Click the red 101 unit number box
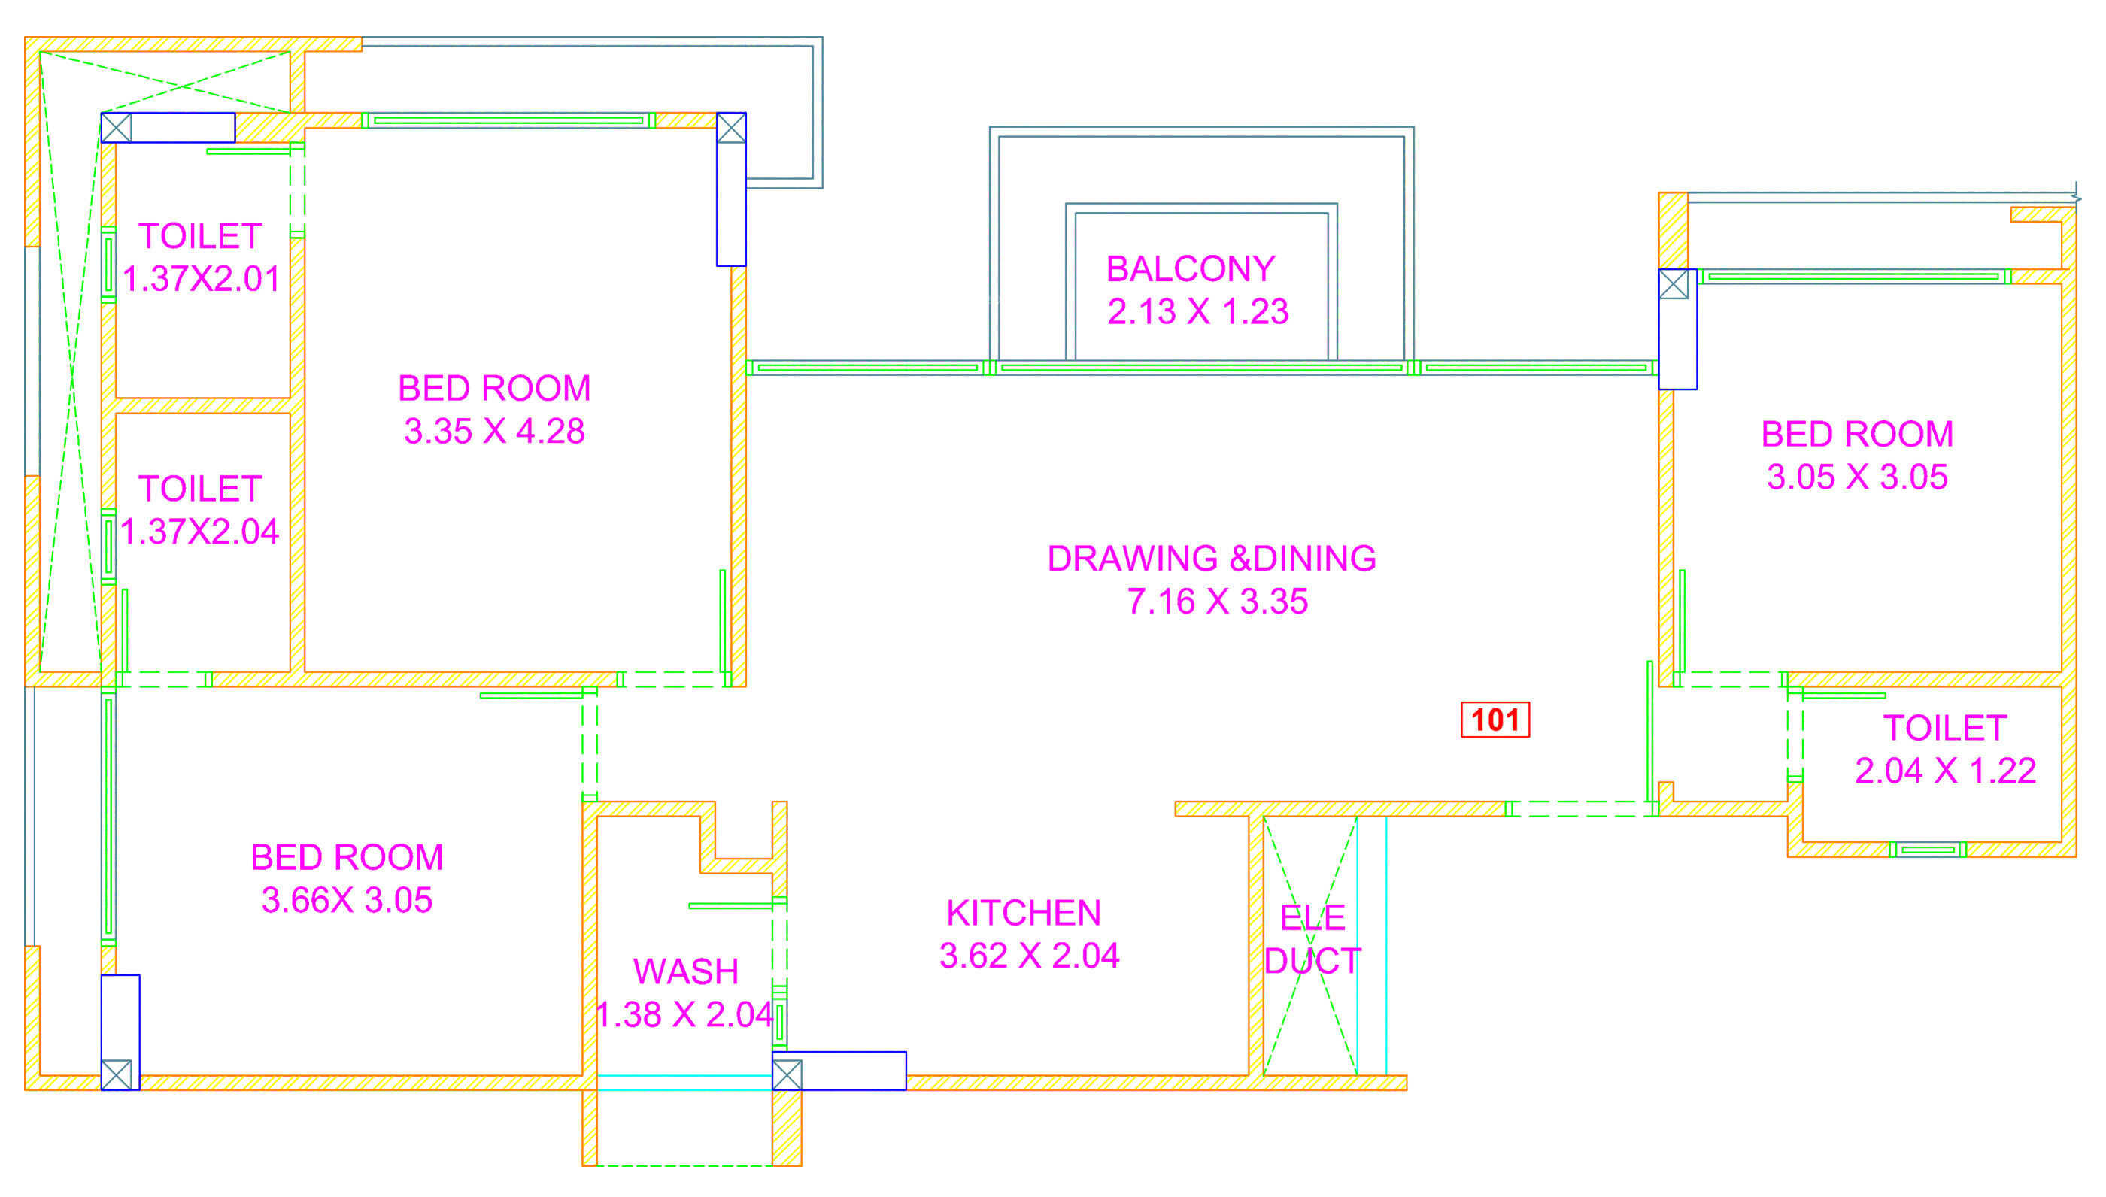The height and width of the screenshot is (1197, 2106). tap(1495, 720)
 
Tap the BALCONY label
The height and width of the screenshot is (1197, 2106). tap(1190, 269)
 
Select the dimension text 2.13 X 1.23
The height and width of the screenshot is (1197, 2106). tap(1197, 311)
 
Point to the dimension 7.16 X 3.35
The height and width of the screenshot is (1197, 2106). tap(1217, 601)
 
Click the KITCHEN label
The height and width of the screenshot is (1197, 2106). tap(1023, 913)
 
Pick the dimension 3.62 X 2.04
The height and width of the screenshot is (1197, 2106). tap(1029, 956)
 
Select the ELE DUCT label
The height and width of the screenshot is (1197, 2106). tap(1312, 939)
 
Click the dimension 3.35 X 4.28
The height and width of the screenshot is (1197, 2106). tap(494, 431)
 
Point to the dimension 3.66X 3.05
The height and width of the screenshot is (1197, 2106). tap(346, 900)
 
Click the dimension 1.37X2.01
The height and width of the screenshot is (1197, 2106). tap(202, 279)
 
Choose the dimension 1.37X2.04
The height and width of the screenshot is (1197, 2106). tap(200, 531)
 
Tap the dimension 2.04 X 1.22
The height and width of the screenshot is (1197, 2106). tap(1945, 771)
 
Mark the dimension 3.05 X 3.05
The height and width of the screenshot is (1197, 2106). tap(1857, 477)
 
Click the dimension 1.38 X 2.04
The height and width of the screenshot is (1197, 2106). tap(684, 1014)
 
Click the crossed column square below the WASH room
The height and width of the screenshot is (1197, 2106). tap(787, 1074)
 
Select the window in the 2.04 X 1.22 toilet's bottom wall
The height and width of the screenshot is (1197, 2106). tap(1928, 849)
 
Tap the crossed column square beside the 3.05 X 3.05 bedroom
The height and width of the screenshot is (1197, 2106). tap(1673, 284)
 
